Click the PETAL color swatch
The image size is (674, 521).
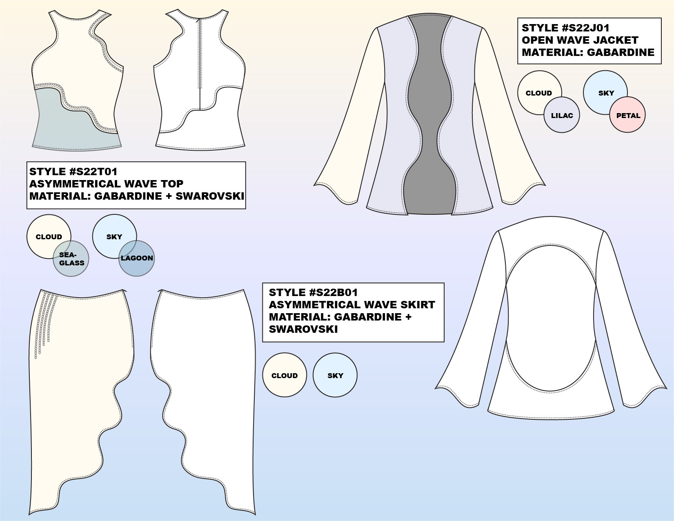coord(628,115)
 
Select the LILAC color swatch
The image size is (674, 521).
coord(562,115)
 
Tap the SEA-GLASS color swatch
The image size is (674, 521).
coord(71,259)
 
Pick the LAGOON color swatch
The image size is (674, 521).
coord(137,258)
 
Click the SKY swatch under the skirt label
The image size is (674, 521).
coord(335,375)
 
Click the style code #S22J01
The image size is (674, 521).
coord(586,28)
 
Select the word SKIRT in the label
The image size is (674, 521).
coord(415,305)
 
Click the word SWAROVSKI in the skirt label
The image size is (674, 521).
coord(303,329)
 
